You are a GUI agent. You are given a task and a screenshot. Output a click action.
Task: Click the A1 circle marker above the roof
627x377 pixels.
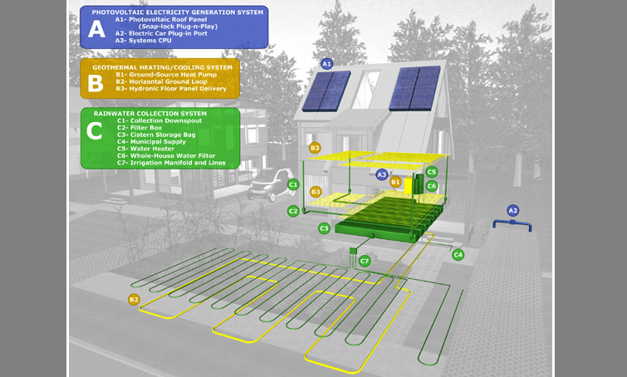(326, 63)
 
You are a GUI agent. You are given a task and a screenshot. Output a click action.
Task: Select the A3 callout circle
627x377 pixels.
(381, 175)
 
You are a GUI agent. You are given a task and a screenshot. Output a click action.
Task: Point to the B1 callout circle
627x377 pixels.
(395, 181)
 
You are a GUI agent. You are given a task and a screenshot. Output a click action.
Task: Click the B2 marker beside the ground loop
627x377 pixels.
(134, 299)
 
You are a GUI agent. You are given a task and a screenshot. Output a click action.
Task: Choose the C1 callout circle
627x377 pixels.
(292, 184)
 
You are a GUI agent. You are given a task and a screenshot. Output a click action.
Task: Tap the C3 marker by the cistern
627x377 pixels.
(324, 228)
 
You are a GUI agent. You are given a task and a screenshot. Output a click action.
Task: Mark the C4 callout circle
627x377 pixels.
(458, 254)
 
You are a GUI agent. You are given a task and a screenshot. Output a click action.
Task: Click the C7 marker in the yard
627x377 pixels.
(365, 261)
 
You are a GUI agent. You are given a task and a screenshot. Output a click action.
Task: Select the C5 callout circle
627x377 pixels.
(431, 172)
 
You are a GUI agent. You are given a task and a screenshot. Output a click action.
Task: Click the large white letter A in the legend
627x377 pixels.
(97, 30)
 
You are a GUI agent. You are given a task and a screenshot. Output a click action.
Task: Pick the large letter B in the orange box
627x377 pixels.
(96, 81)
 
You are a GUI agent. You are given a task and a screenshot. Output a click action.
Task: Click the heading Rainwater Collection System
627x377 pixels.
(150, 113)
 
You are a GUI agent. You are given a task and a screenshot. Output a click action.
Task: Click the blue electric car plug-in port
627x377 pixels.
(512, 225)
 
